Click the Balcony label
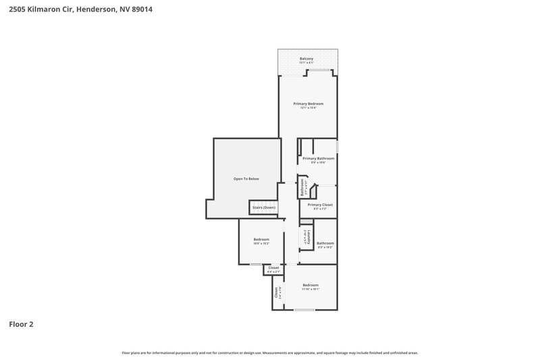[306, 59]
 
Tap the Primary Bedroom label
[308, 103]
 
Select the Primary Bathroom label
[318, 158]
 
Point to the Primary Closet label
[320, 205]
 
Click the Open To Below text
[246, 179]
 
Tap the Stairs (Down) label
[263, 207]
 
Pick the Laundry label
[306, 237]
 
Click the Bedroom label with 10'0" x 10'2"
[261, 240]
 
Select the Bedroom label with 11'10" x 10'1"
[310, 285]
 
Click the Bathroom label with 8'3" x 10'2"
[325, 243]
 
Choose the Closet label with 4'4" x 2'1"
[273, 268]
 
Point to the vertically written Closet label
[276, 293]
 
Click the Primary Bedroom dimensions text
[308, 107]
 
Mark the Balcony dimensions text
[306, 63]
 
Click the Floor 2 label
[21, 324]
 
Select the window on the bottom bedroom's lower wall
[304, 310]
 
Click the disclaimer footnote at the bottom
[270, 353]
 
